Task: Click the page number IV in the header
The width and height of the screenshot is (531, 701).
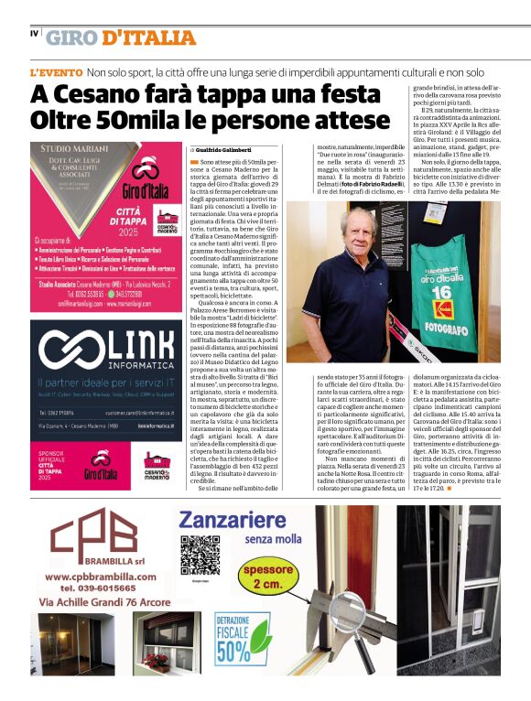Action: [34, 34]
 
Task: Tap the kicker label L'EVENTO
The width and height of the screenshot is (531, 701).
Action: [57, 71]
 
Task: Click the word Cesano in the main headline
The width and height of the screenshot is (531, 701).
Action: [96, 94]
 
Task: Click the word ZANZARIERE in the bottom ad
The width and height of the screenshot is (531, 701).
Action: [227, 522]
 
